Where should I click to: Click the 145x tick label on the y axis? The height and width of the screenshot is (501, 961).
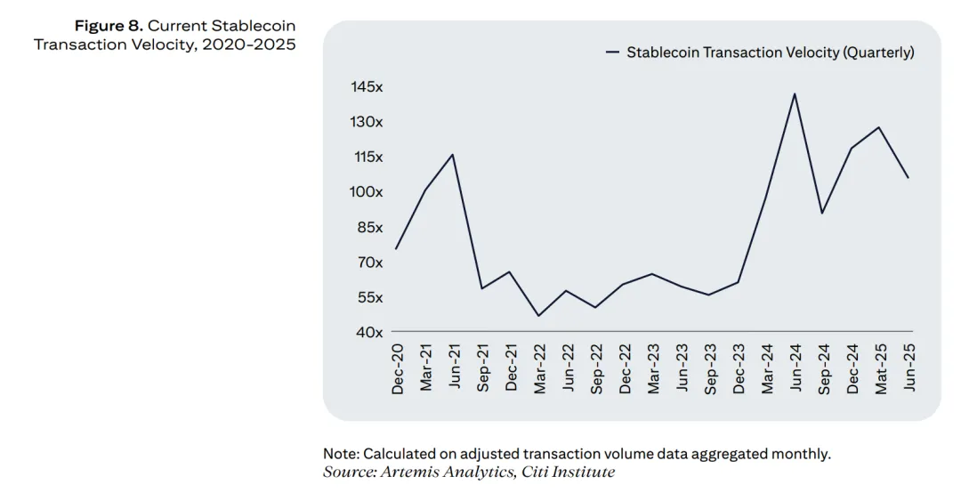(367, 87)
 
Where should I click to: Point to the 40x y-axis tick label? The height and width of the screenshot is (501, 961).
(367, 332)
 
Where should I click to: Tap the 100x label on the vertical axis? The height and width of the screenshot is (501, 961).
(367, 192)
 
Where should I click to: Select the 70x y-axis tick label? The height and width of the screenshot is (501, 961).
(367, 263)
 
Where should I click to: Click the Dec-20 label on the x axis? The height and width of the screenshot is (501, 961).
(397, 368)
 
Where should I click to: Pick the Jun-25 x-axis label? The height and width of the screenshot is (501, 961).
(909, 368)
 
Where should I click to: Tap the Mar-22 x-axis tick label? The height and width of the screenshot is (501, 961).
(539, 368)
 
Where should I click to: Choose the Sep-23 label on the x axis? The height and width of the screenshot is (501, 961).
(710, 368)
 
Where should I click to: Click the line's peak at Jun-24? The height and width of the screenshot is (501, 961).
(795, 93)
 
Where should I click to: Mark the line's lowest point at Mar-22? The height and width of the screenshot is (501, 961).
(538, 316)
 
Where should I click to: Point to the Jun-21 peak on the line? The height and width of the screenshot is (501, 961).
(453, 155)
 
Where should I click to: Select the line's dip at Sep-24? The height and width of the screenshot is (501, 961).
(822, 213)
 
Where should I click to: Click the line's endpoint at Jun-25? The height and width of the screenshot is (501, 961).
(909, 178)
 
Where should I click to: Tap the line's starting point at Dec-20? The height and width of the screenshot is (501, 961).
(396, 248)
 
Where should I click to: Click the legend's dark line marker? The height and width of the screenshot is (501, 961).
(612, 53)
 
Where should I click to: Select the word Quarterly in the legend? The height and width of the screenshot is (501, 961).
(877, 53)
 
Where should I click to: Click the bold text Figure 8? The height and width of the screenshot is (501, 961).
(109, 26)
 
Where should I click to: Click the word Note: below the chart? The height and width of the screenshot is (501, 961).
(341, 454)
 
